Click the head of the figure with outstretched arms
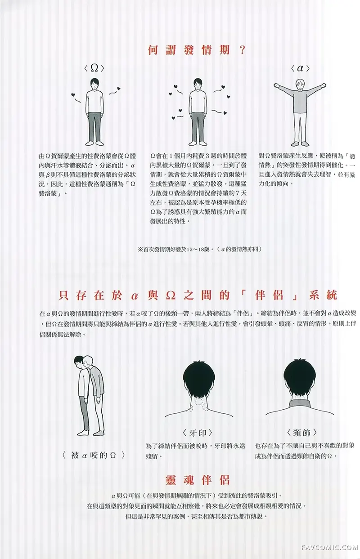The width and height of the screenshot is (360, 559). tap(300, 83)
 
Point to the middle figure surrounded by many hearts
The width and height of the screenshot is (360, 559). tap(198, 110)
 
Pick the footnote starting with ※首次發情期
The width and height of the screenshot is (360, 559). tap(198, 249)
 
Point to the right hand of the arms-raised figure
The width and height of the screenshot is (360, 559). tap(277, 86)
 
